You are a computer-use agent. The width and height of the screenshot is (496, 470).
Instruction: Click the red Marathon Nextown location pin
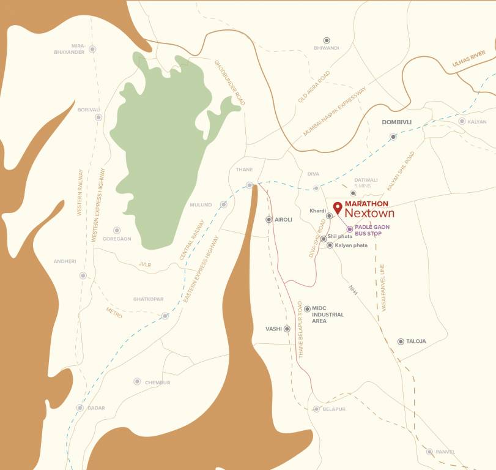[337, 206]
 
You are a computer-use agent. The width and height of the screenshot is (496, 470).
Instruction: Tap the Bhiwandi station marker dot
[326, 39]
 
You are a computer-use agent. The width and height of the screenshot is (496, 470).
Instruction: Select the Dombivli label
[396, 122]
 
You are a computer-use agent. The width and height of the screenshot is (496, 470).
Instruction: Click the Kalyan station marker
[462, 121]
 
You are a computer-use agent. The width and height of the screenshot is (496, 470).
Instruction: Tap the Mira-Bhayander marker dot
[92, 49]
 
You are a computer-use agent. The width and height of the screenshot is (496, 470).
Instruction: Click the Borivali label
[89, 110]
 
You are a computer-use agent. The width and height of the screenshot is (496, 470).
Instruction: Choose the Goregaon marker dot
[117, 230]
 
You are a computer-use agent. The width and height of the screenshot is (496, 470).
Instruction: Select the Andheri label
[64, 261]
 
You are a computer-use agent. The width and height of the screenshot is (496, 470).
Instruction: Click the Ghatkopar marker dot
[165, 316]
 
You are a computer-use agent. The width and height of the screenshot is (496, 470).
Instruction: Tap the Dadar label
[96, 408]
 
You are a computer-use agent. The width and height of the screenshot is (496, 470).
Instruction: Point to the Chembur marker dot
[137, 381]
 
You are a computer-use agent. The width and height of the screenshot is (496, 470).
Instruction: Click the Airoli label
[284, 219]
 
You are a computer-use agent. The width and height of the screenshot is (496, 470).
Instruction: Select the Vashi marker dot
[287, 329]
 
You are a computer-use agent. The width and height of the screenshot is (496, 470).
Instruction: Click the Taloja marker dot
[401, 341]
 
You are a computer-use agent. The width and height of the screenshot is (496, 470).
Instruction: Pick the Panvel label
[446, 452]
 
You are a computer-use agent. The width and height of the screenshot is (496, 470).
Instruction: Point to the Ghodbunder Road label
[229, 83]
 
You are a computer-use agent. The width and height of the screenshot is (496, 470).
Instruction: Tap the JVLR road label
[145, 265]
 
